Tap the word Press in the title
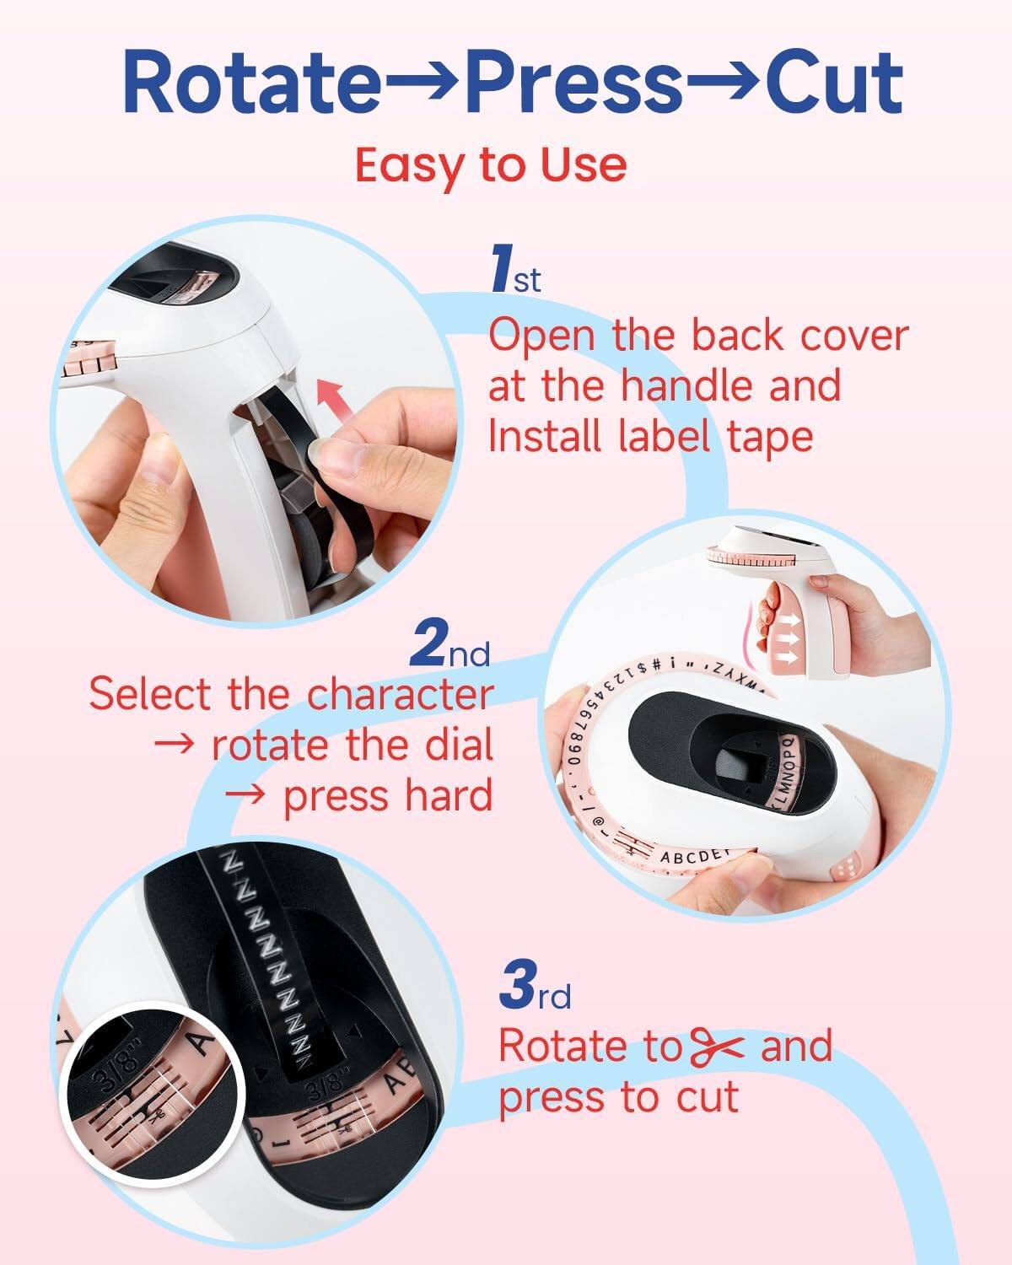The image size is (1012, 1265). click(x=574, y=83)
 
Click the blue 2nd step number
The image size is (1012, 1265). click(x=449, y=645)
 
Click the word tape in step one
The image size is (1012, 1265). click(x=769, y=437)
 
